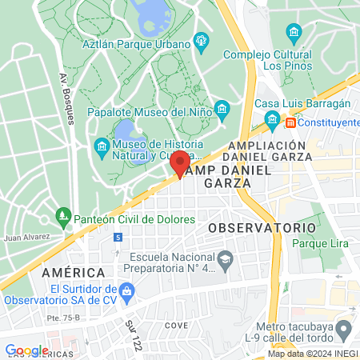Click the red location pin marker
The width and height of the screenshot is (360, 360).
coord(180,164)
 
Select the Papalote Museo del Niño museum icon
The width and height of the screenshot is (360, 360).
coord(222,110)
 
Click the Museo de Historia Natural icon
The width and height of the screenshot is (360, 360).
coord(102,146)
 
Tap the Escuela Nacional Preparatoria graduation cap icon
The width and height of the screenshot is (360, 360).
coord(226,258)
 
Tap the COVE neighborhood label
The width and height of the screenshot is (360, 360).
coord(176,326)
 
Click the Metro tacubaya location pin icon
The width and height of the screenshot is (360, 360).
coord(344,328)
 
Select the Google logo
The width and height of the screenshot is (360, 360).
coord(26,350)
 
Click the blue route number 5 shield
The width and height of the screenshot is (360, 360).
coord(118,238)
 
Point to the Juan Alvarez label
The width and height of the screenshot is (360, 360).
coord(26,238)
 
